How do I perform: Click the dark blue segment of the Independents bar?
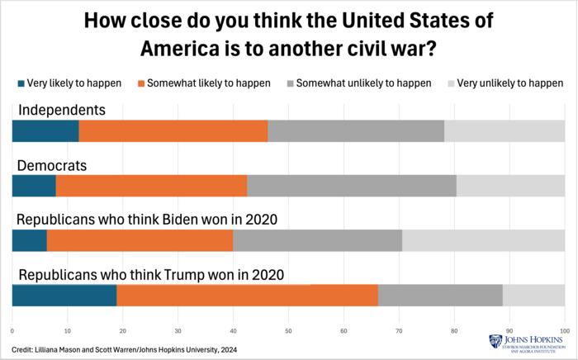[x=45, y=130]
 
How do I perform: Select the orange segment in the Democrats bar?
[x=151, y=185]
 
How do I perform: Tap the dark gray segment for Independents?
[x=356, y=130]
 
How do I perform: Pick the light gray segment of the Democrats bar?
[x=510, y=185]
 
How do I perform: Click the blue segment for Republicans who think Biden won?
[x=29, y=239]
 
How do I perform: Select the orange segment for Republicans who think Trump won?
[x=247, y=295]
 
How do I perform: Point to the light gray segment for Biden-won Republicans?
[x=483, y=239]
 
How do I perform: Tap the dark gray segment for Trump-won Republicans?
[x=440, y=295]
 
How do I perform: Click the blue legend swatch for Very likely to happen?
[x=20, y=83]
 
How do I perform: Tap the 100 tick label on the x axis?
[x=564, y=330]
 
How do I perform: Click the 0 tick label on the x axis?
[x=12, y=330]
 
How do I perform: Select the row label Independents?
[x=62, y=110]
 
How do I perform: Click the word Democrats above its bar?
[x=52, y=165]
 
